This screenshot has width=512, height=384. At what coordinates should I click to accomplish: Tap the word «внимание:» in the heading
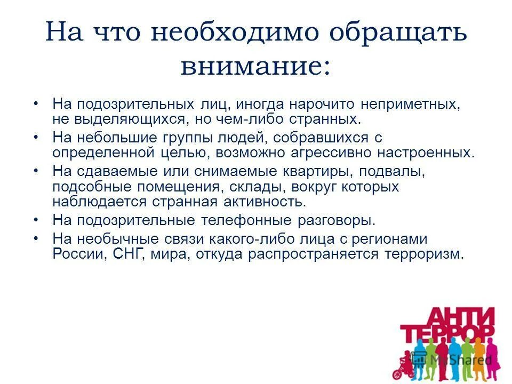(255, 67)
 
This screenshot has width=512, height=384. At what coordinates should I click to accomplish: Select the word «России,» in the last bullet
(81, 254)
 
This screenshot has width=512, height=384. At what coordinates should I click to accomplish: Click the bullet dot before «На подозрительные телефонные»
(36, 220)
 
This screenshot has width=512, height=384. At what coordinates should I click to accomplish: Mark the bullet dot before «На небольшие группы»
(36, 137)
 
